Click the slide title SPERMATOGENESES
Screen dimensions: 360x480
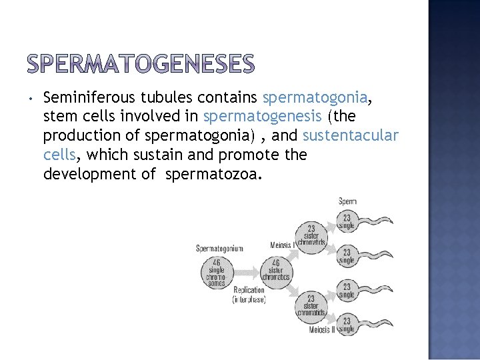tap(141, 64)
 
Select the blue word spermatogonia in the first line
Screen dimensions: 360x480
tap(315, 98)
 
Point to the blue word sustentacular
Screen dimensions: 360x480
tap(350, 136)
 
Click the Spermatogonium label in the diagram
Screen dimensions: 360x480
tap(219, 249)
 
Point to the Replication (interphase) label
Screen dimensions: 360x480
tap(249, 295)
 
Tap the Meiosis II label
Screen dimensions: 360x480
tap(323, 329)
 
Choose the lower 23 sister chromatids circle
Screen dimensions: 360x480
tap(311, 306)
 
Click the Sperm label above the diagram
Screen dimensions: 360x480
tap(347, 201)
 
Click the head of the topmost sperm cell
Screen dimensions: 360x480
tap(347, 220)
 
